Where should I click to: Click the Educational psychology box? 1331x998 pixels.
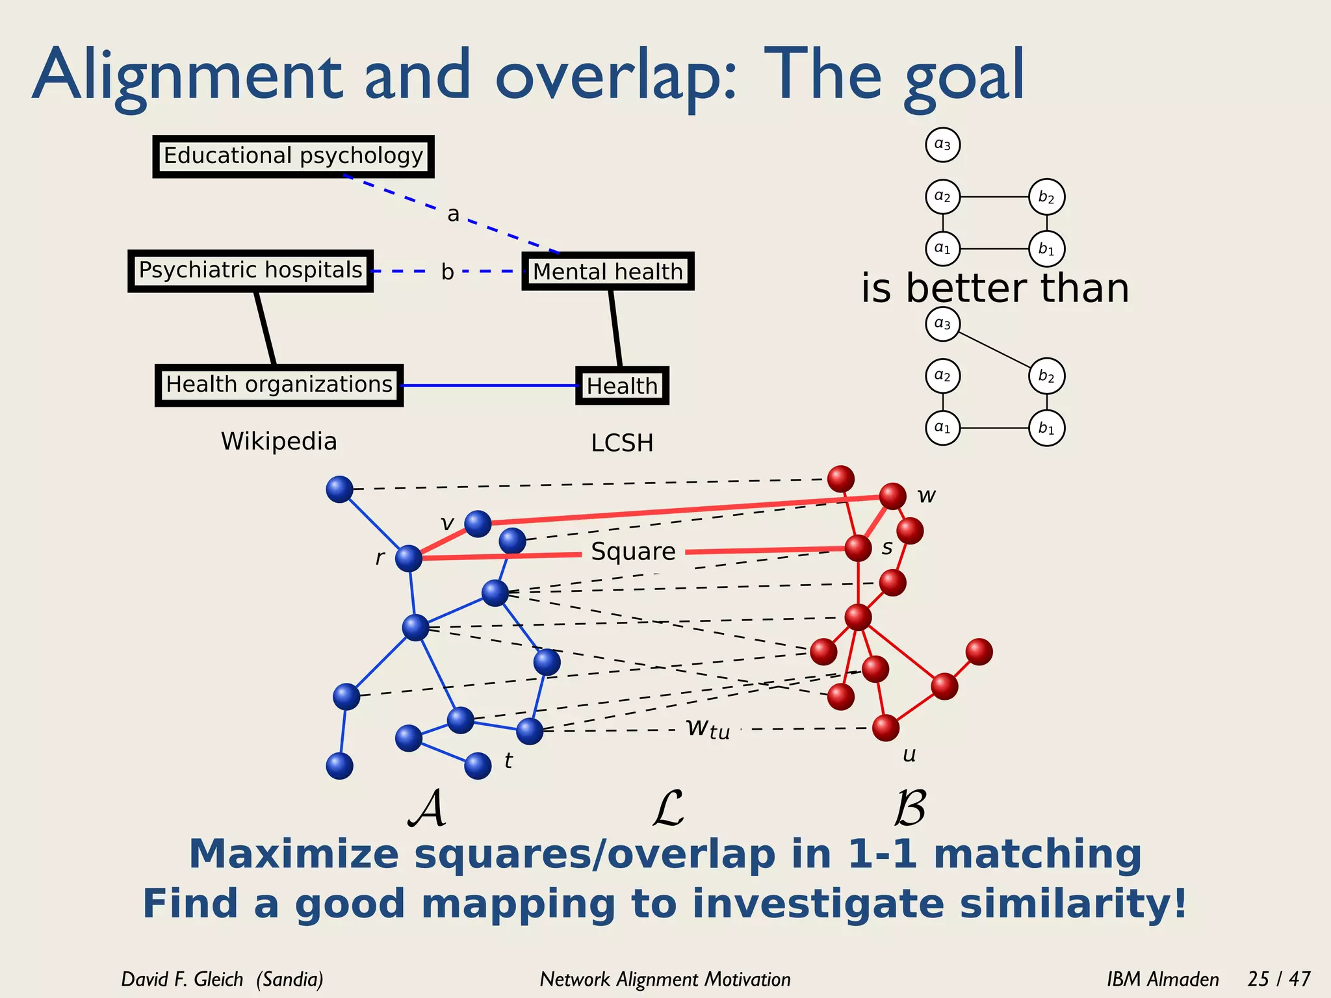pyautogui.click(x=293, y=157)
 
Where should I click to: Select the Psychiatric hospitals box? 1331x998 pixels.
pyautogui.click(x=250, y=270)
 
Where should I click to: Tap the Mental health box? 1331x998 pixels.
pyautogui.click(x=608, y=272)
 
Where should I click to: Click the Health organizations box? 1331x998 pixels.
pyautogui.click(x=279, y=385)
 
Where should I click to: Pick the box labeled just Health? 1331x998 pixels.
pyautogui.click(x=622, y=386)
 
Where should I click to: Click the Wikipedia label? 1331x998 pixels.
pyautogui.click(x=279, y=441)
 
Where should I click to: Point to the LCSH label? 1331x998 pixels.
pyautogui.click(x=622, y=443)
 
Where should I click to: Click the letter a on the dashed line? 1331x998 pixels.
pyautogui.click(x=453, y=214)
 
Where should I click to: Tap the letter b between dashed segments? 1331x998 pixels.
pyautogui.click(x=447, y=272)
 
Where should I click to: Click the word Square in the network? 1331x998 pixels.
pyautogui.click(x=633, y=552)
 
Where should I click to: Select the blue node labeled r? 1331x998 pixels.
pyautogui.click(x=409, y=558)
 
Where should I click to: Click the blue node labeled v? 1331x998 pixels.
pyautogui.click(x=478, y=523)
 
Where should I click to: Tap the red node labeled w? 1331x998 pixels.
pyautogui.click(x=892, y=496)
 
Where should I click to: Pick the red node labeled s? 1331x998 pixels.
pyautogui.click(x=858, y=548)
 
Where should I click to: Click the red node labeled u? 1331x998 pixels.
pyautogui.click(x=885, y=728)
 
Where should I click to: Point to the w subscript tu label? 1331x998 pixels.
pyautogui.click(x=708, y=728)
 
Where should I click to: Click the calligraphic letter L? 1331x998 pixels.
pyautogui.click(x=667, y=808)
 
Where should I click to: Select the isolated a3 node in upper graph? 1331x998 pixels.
pyautogui.click(x=942, y=144)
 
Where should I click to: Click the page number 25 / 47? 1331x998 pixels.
pyautogui.click(x=1278, y=979)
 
